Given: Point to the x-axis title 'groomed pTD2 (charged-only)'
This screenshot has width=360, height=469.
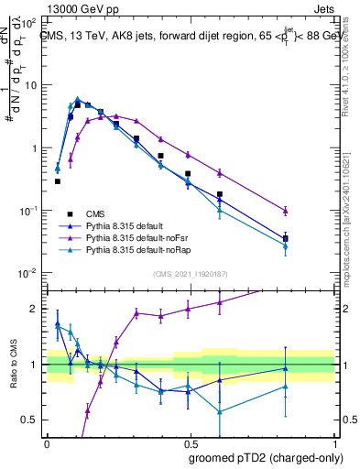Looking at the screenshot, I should (265, 458).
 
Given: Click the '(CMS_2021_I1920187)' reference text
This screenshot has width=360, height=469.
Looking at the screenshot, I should (190, 274).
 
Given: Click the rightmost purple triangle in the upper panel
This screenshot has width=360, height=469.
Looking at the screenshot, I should (311, 212).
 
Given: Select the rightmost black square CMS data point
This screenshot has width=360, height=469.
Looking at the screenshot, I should (311, 239).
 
